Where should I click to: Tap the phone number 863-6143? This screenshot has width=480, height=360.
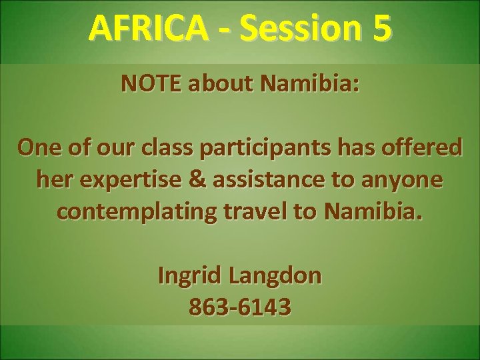tap(240, 307)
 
